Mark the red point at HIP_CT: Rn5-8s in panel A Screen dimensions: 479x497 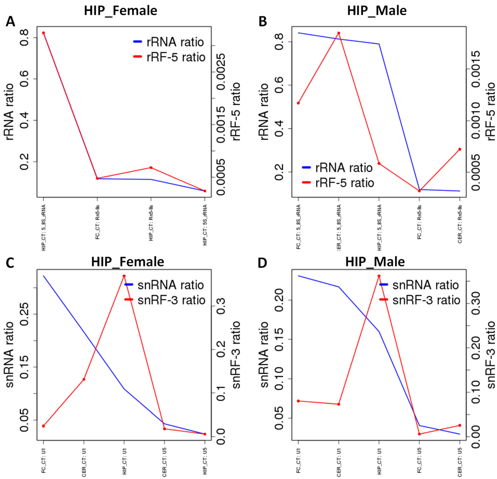[151, 168]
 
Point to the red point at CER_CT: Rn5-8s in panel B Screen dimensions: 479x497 [460, 149]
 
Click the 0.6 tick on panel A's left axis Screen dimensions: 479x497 [25, 79]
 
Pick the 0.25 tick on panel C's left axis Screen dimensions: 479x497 [25, 314]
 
